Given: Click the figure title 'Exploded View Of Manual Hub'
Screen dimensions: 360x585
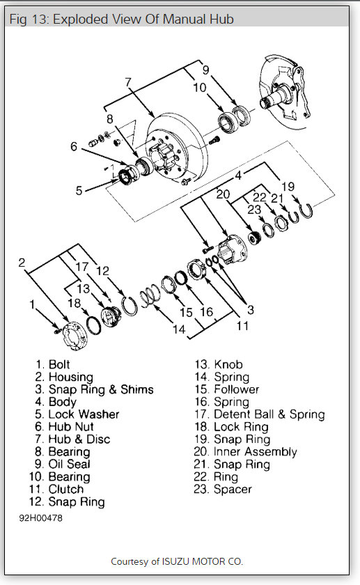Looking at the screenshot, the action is [143, 19].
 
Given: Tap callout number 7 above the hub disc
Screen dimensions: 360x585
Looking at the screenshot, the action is [128, 81].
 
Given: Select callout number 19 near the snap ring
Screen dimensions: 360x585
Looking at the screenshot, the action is [288, 186].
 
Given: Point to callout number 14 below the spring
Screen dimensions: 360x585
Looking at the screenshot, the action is [179, 329].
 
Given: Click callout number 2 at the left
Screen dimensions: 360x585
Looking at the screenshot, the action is [22, 263].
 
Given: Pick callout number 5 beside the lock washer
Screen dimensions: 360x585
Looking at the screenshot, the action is [79, 190].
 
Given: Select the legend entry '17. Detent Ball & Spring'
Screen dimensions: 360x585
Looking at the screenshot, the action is [260, 414].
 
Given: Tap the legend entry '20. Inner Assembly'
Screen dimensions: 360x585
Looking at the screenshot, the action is [245, 451].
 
